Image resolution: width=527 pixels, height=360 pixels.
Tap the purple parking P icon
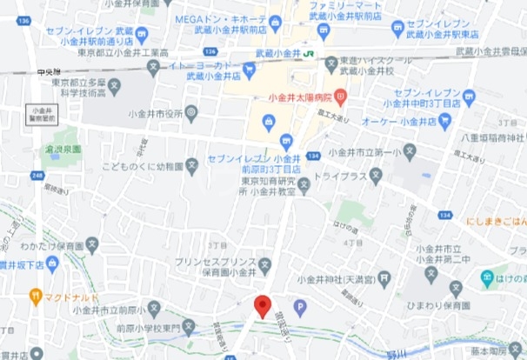tap(302, 306)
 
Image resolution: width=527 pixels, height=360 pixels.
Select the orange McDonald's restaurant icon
tap(35, 295)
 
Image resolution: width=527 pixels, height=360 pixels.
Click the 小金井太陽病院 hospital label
tap(304, 97)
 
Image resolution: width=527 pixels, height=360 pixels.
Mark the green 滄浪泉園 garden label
tap(62, 149)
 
